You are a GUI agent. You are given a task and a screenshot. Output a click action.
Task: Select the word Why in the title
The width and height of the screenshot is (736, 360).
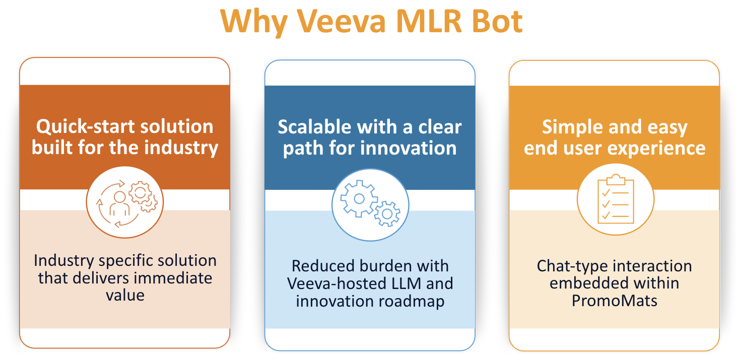pyautogui.click(x=253, y=21)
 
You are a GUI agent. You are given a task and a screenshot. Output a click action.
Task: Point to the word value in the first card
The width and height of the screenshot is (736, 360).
pyautogui.click(x=125, y=295)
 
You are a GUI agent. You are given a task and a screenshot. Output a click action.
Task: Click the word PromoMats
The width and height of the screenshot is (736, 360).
pyautogui.click(x=614, y=301)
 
